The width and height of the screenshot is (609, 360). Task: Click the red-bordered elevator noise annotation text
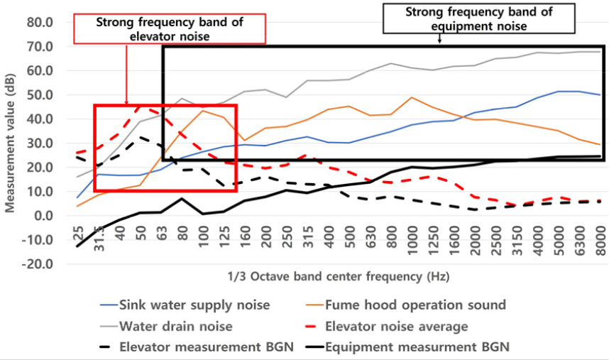[x=170, y=29]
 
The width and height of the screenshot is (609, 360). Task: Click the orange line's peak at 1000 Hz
[x=412, y=97]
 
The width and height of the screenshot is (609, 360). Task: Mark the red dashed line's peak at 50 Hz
[x=141, y=106]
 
